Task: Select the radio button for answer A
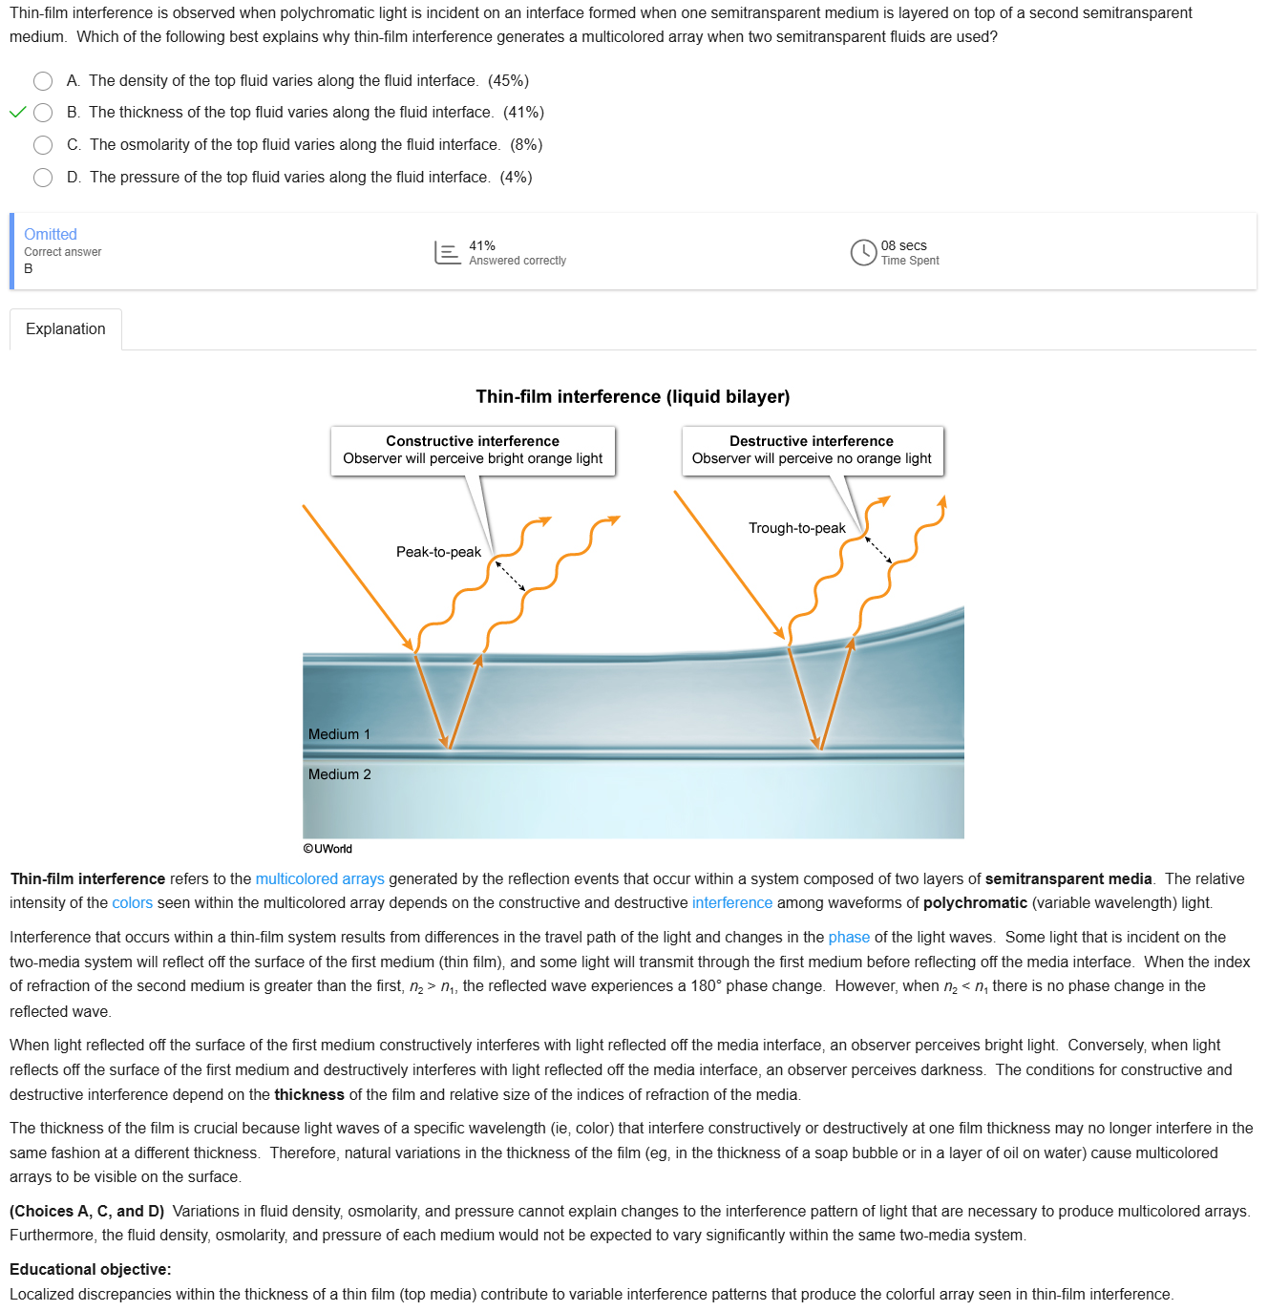[x=43, y=81]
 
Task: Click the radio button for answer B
[x=43, y=113]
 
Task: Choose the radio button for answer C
[x=43, y=145]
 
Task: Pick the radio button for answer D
[x=43, y=178]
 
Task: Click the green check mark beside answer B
[x=17, y=113]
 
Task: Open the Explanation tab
[x=66, y=329]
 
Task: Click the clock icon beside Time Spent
[x=863, y=252]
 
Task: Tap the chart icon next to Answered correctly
[x=447, y=252]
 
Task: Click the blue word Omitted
[x=51, y=235]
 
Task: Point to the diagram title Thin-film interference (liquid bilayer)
[x=633, y=397]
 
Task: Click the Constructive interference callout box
[x=473, y=451]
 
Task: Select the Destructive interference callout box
[x=812, y=451]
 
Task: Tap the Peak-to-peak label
[x=438, y=552]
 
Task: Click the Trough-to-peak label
[x=796, y=528]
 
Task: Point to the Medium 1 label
[x=339, y=734]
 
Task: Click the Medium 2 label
[x=339, y=774]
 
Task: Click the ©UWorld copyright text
[x=328, y=849]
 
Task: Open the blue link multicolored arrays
[x=320, y=879]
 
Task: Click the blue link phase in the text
[x=849, y=938]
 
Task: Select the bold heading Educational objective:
[x=91, y=1270]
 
